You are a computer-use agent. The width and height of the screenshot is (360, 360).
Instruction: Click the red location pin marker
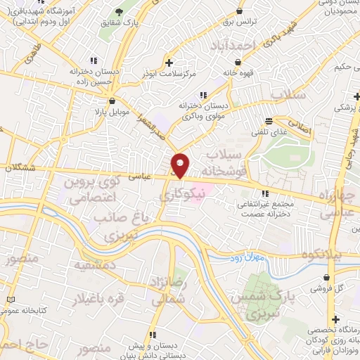(180, 165)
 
